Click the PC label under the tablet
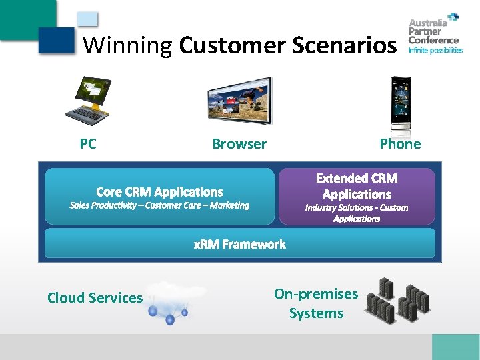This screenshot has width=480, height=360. click(87, 144)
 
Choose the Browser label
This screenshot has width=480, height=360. click(239, 144)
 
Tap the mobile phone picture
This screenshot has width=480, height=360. click(401, 103)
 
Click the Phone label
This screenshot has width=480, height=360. click(400, 144)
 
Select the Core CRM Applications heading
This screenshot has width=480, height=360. click(159, 192)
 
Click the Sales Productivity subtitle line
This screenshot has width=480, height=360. click(159, 205)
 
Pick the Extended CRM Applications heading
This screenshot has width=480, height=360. click(357, 186)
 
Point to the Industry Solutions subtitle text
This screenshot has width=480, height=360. click(357, 213)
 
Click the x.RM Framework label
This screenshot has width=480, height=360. click(239, 244)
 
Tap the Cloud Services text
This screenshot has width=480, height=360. click(95, 298)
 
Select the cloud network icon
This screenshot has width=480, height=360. click(174, 302)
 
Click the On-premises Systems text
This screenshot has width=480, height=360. click(316, 303)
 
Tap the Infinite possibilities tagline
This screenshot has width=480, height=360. click(435, 50)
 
